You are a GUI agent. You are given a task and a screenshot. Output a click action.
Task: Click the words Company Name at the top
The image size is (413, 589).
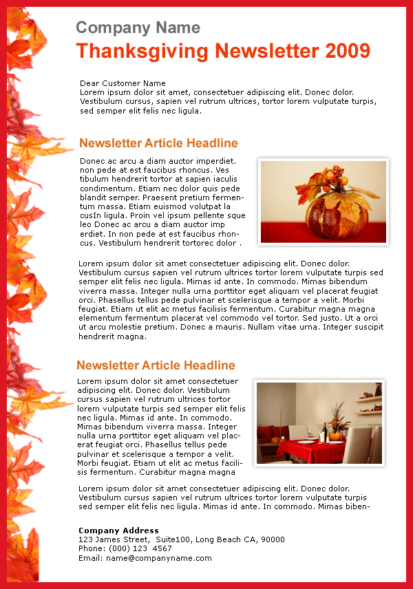coord(138,28)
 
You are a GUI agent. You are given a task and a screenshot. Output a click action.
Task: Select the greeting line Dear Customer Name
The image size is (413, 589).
coord(123,83)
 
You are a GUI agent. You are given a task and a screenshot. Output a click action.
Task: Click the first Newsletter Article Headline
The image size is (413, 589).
coord(158,143)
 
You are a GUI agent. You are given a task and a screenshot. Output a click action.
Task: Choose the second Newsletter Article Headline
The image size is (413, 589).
coord(156,365)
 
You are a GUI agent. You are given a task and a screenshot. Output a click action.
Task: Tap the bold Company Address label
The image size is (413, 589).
coord(118,531)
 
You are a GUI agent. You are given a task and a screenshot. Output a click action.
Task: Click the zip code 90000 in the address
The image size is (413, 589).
coord(273,539)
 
